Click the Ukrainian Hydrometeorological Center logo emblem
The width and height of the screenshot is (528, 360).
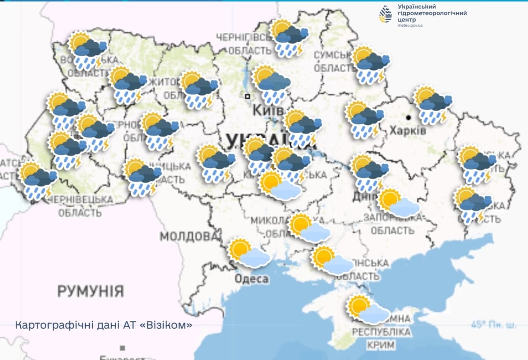[x=386, y=15]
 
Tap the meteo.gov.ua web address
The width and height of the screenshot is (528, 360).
[x=410, y=26]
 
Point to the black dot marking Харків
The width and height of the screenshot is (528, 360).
[x=409, y=117]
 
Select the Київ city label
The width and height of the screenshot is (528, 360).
[x=268, y=110]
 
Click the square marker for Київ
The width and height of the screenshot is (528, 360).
[x=247, y=96]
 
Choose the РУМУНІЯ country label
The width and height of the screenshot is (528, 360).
[x=91, y=291]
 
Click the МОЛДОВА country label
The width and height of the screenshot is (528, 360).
[x=189, y=235]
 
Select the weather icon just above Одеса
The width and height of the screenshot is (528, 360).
[x=249, y=253]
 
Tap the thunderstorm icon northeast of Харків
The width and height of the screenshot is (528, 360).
[x=432, y=105]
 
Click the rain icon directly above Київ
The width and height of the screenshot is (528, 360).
[x=271, y=84]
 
